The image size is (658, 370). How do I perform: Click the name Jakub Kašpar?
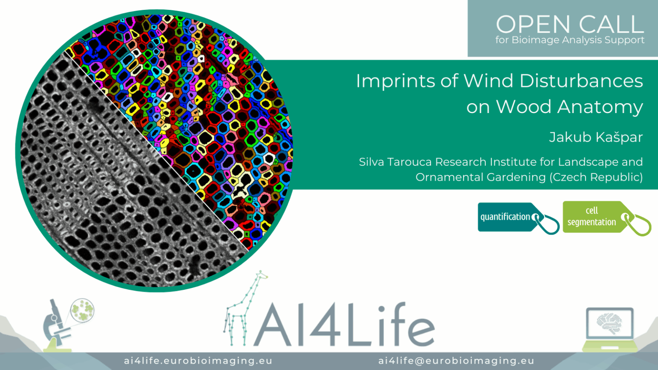(x=596, y=137)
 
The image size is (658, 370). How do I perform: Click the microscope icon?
(x=57, y=325)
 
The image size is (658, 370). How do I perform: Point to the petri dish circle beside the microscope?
(x=82, y=310)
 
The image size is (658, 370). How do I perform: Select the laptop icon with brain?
(x=610, y=329)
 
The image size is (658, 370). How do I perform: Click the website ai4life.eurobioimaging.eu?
(x=198, y=361)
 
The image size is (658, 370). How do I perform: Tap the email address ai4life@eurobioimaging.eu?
(x=456, y=361)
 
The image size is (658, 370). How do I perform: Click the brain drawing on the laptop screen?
(x=609, y=323)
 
